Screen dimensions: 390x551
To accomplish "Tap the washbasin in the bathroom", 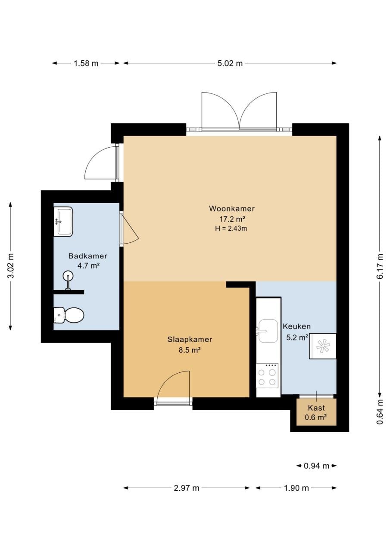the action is (x=63, y=222).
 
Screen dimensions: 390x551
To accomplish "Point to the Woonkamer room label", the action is (x=232, y=209).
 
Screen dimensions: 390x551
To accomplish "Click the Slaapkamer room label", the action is (x=190, y=340).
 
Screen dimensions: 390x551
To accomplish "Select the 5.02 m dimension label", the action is (x=230, y=63).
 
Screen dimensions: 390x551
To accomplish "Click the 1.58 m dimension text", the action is (x=86, y=63).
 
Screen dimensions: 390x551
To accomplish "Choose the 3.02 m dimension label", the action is (x=11, y=266).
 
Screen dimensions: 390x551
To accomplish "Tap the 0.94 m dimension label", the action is (x=316, y=466).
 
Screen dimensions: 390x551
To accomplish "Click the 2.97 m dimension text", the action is (x=187, y=488).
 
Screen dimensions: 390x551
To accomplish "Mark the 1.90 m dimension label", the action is (x=296, y=488).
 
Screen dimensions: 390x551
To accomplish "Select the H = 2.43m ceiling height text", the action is (x=231, y=229).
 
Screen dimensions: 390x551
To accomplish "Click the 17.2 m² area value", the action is (x=232, y=219).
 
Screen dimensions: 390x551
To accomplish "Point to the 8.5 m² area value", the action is (x=189, y=350).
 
